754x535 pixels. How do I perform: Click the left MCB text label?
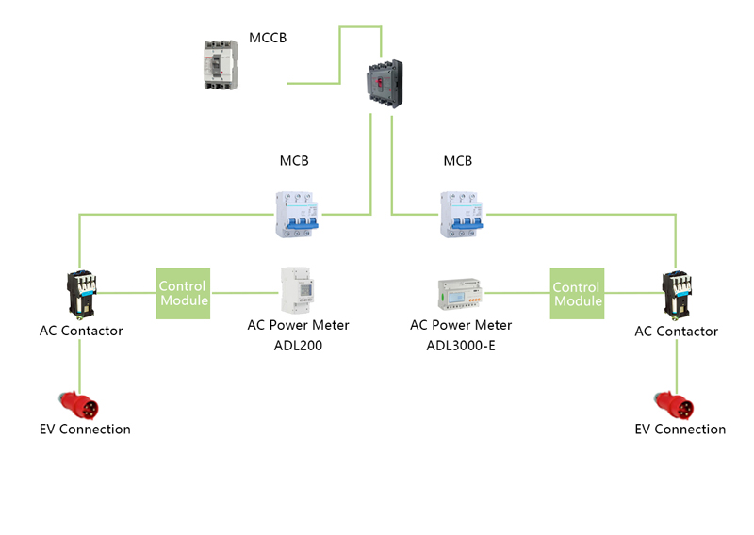click(x=294, y=161)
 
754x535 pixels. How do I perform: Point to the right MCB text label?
click(x=458, y=161)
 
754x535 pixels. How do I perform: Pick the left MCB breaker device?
click(x=295, y=214)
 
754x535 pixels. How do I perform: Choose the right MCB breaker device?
click(x=459, y=214)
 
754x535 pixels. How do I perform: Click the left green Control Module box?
click(x=182, y=293)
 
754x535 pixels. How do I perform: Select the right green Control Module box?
click(x=577, y=293)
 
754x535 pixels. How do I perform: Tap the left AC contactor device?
click(x=79, y=293)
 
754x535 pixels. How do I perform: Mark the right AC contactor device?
click(x=677, y=293)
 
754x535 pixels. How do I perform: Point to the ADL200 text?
click(x=298, y=345)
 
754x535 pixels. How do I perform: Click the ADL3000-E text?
click(x=461, y=345)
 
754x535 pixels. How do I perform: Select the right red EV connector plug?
click(x=676, y=406)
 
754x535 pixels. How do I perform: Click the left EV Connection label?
click(x=85, y=430)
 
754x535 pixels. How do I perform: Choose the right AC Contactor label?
click(x=676, y=332)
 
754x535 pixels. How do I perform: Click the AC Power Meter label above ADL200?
click(x=298, y=325)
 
